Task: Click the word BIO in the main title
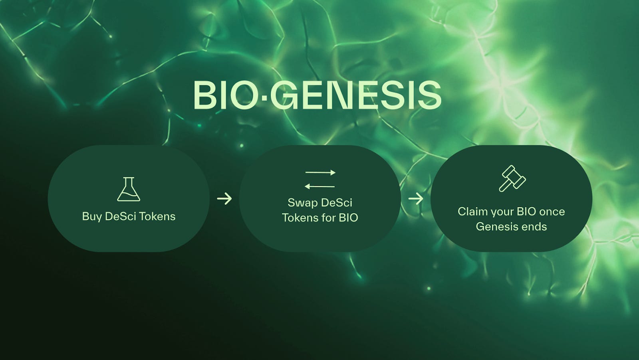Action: pyautogui.click(x=225, y=95)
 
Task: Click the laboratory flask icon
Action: pyautogui.click(x=129, y=190)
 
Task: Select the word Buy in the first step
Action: pyautogui.click(x=91, y=217)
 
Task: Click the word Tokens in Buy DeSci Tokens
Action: pyautogui.click(x=157, y=216)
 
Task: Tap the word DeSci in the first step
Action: pyautogui.click(x=120, y=216)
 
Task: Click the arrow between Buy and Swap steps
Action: pyautogui.click(x=224, y=198)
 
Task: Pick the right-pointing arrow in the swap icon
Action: pyautogui.click(x=320, y=173)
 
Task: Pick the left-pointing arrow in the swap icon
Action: pyautogui.click(x=319, y=186)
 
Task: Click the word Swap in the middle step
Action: pyautogui.click(x=302, y=203)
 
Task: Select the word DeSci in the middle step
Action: pyautogui.click(x=336, y=203)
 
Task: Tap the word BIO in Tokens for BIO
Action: pyautogui.click(x=349, y=218)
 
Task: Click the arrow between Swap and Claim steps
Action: pyautogui.click(x=416, y=198)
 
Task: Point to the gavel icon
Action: pyautogui.click(x=512, y=178)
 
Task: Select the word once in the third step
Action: pyautogui.click(x=552, y=212)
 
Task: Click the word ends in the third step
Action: pyautogui.click(x=536, y=227)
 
